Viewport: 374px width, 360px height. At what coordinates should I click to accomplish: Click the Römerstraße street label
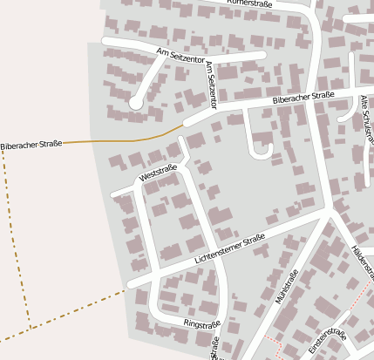pos(252,4)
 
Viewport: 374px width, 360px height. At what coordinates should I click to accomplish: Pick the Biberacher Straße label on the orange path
pos(31,145)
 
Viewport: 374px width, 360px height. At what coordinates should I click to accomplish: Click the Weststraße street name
pos(158,173)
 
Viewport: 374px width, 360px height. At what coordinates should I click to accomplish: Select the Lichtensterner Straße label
pos(230,250)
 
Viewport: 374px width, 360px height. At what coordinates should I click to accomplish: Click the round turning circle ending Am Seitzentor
pos(136,103)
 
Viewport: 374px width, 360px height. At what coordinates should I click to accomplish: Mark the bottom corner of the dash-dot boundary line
pos(31,328)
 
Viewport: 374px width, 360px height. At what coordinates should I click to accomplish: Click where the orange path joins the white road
pos(182,126)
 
